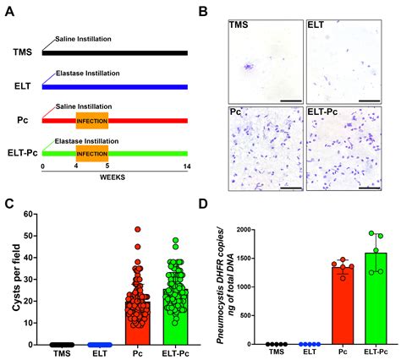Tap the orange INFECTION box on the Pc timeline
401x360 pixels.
click(x=91, y=120)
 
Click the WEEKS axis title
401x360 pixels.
click(x=114, y=177)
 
